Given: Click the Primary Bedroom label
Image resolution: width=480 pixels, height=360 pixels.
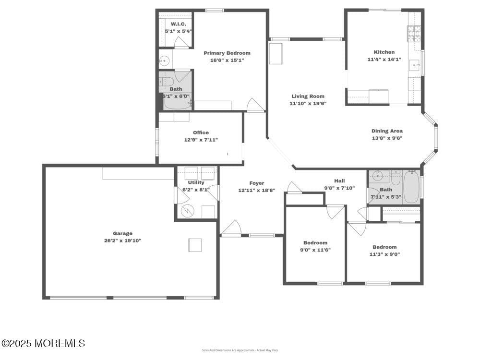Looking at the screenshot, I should pyautogui.click(x=227, y=53).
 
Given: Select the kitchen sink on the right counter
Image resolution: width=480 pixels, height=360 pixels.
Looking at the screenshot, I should pyautogui.click(x=414, y=64).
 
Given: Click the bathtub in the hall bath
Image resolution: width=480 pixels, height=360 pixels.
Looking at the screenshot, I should pyautogui.click(x=411, y=187).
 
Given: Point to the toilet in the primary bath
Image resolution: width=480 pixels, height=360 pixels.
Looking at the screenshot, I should pyautogui.click(x=166, y=80).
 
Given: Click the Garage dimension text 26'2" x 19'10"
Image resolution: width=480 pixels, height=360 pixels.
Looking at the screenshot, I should pyautogui.click(x=122, y=240).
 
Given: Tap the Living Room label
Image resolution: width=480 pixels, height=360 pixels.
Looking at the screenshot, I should pyautogui.click(x=308, y=96).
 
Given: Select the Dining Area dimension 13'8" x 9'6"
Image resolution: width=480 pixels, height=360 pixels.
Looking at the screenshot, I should pyautogui.click(x=387, y=138).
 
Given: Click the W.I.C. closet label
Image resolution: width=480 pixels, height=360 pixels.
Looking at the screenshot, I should pyautogui.click(x=178, y=24).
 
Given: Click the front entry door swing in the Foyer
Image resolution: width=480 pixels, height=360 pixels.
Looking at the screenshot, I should pyautogui.click(x=231, y=228).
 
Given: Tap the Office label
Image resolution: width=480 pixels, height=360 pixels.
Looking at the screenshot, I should pyautogui.click(x=201, y=132).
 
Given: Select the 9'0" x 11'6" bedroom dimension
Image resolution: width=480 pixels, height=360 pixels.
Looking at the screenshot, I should pyautogui.click(x=315, y=250).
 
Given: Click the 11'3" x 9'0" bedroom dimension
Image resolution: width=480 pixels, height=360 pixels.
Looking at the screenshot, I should pyautogui.click(x=384, y=254).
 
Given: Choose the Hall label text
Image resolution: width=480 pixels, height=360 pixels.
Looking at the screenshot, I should pyautogui.click(x=339, y=181).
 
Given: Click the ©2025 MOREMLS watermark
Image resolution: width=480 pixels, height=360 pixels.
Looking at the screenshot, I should pyautogui.click(x=43, y=343).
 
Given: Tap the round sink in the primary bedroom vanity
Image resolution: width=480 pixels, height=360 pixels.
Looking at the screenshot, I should pyautogui.click(x=164, y=61).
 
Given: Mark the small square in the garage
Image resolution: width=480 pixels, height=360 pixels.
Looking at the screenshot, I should pyautogui.click(x=195, y=245).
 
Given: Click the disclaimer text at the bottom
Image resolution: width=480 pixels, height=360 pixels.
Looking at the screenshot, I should pyautogui.click(x=240, y=350).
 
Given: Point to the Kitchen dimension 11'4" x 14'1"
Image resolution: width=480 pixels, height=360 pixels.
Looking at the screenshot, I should pyautogui.click(x=384, y=60).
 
